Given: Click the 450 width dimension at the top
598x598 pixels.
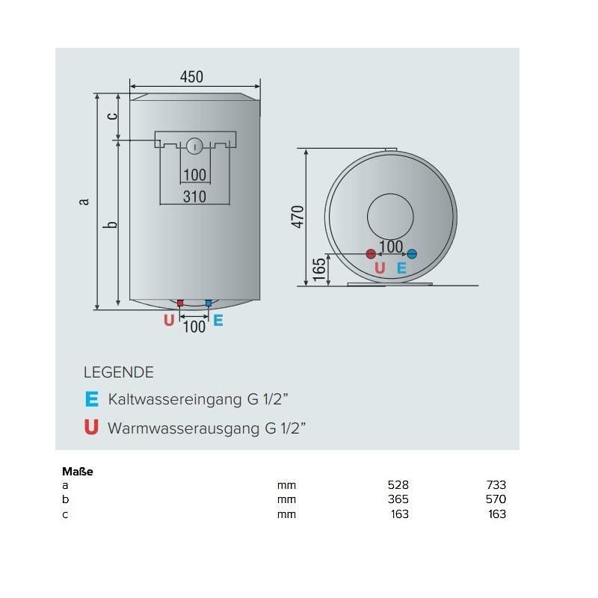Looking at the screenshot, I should coord(191,77).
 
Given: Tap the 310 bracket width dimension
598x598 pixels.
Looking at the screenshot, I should coord(194,197).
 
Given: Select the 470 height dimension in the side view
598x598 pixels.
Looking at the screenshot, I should coord(298,216).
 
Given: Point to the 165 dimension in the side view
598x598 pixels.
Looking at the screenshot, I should coord(318,270).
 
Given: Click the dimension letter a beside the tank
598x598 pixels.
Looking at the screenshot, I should coord(84,200).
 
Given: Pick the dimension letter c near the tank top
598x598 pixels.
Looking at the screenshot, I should coord(111,115).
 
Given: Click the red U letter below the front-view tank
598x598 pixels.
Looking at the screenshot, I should coord(169,320).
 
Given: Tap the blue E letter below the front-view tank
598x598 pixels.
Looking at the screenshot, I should coord(218,320).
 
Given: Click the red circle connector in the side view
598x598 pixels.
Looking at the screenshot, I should coord(371,254).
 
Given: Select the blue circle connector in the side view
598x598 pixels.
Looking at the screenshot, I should coord(411,254).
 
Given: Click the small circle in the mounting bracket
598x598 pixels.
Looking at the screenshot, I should coord(194,146).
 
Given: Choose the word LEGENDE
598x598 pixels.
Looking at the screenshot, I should coord(118,372).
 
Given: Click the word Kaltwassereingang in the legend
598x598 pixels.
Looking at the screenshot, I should coord(176,399).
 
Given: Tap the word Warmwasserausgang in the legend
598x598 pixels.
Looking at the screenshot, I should coord(184,428).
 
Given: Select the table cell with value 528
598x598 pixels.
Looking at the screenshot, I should coord(398,484).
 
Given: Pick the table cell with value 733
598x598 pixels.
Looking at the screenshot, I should coord(495,484).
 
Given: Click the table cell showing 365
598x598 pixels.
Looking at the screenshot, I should coord(398,499).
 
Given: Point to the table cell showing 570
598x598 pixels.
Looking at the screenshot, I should coord(495,499).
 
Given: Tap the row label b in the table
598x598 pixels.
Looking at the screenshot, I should coord(66,499).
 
